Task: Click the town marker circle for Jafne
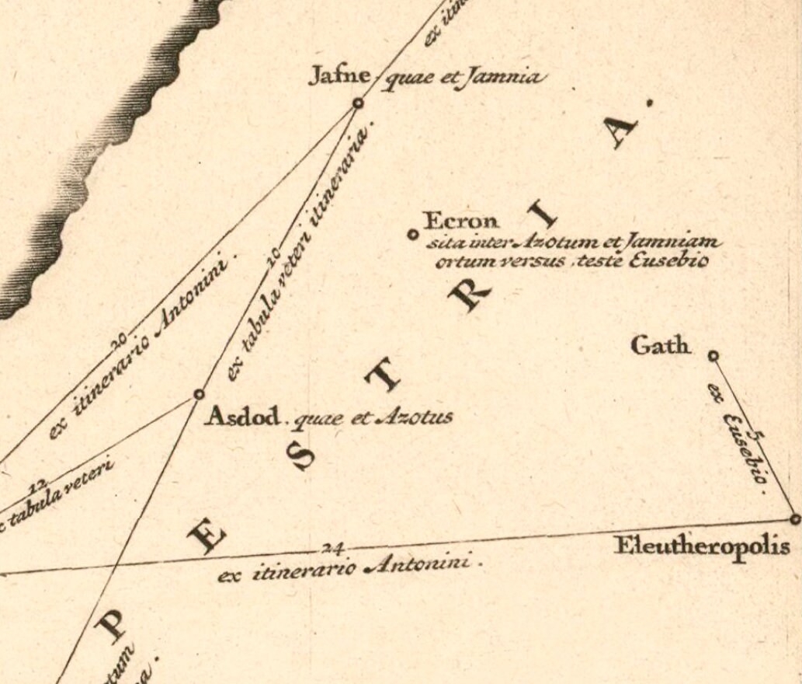[x=358, y=103]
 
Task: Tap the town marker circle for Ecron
[x=413, y=234]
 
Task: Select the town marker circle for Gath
[x=713, y=356]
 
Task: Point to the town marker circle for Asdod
[x=199, y=394]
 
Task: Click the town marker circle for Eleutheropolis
[x=794, y=518]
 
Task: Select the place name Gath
[x=661, y=345]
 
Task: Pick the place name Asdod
[x=241, y=418]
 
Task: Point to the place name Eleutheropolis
[x=702, y=546]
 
